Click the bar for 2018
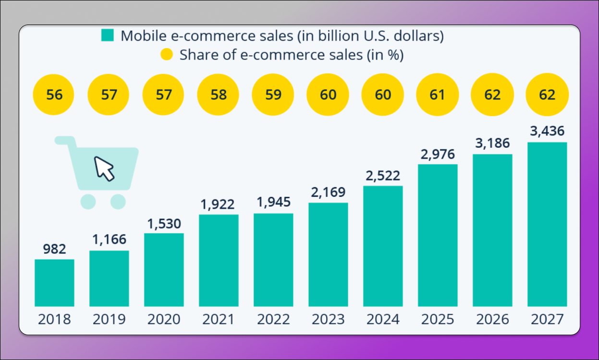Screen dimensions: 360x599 [x=54, y=283]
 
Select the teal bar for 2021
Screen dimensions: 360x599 [x=219, y=260]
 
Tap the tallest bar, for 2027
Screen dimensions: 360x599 [x=547, y=224]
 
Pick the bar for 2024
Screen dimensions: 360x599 [x=383, y=246]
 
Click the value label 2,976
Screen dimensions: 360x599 [x=438, y=155]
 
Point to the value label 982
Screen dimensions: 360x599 [x=54, y=250]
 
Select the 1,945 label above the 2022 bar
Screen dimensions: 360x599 [x=273, y=203]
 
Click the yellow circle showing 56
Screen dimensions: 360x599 [x=54, y=95]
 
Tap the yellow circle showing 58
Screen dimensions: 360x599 [x=219, y=95]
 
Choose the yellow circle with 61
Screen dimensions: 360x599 [x=438, y=95]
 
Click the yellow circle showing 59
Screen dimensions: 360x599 [x=273, y=95]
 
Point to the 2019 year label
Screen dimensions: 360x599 [x=109, y=319]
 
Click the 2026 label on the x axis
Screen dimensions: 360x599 [x=492, y=319]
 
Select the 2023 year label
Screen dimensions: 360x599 [x=328, y=319]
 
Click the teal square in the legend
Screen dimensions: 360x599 [x=108, y=36]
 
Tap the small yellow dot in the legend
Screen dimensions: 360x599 [x=167, y=55]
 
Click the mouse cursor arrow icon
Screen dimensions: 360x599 [x=104, y=168]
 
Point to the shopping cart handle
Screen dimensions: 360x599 [x=64, y=141]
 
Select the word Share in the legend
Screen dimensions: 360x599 [x=198, y=55]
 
